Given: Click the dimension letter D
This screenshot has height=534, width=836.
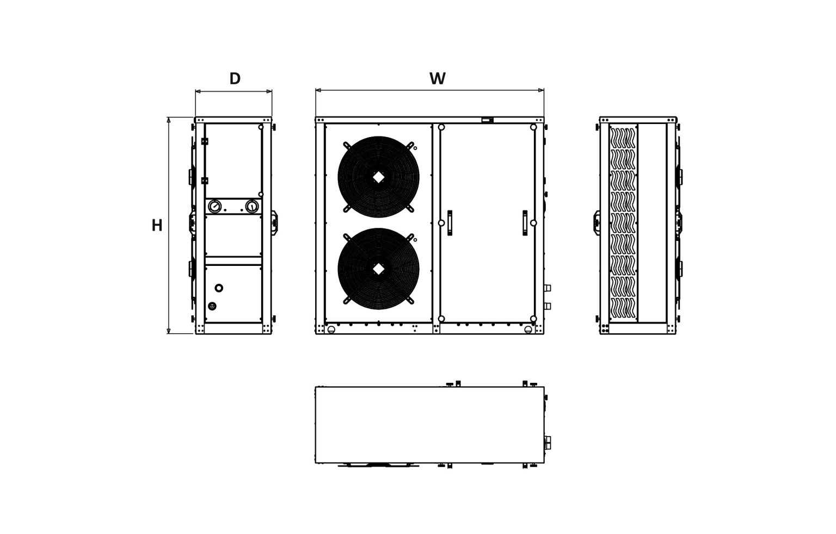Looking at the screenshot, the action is (x=235, y=79).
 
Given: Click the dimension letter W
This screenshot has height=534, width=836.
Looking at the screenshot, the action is (x=438, y=79).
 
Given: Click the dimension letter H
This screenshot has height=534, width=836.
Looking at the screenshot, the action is (x=157, y=226).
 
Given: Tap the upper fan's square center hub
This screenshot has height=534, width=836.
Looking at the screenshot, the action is (x=378, y=177).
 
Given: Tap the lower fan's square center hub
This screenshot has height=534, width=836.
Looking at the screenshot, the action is (x=378, y=269).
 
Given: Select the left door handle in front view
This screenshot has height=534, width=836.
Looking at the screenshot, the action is (x=450, y=223).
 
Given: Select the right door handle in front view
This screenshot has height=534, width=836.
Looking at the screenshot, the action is (x=525, y=223).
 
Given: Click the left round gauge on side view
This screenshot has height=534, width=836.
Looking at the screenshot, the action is (x=214, y=206).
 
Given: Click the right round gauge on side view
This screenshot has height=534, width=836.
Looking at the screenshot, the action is (x=251, y=206).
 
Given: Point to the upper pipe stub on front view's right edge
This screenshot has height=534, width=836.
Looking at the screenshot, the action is (x=548, y=288).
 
